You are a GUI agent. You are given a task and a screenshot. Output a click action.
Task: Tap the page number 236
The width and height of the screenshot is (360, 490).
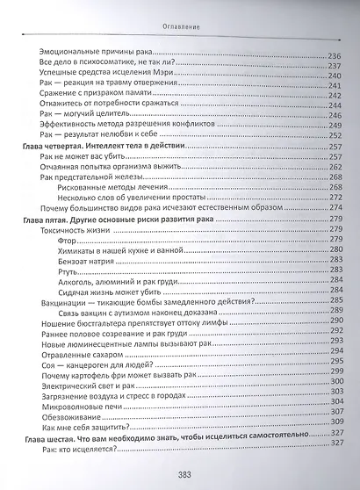click(x=336, y=55)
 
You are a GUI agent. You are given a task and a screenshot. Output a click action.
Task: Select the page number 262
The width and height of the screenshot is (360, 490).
click(x=336, y=167)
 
